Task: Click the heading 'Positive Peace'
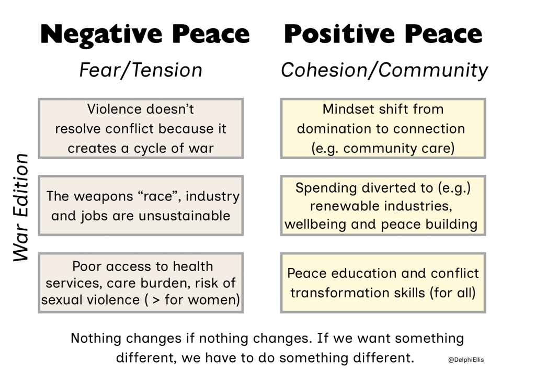tap(383, 34)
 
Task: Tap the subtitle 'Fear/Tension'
tap(141, 70)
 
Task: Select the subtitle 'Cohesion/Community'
tap(384, 70)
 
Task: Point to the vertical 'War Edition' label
tap(21, 208)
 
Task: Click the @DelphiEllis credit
tap(466, 360)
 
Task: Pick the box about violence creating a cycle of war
tap(141, 128)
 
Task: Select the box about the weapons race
tap(141, 206)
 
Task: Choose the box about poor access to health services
tap(141, 283)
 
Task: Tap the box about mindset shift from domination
tap(383, 128)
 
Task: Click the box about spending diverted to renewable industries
tap(383, 206)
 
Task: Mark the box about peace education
tap(383, 283)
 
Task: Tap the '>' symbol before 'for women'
tap(156, 300)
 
